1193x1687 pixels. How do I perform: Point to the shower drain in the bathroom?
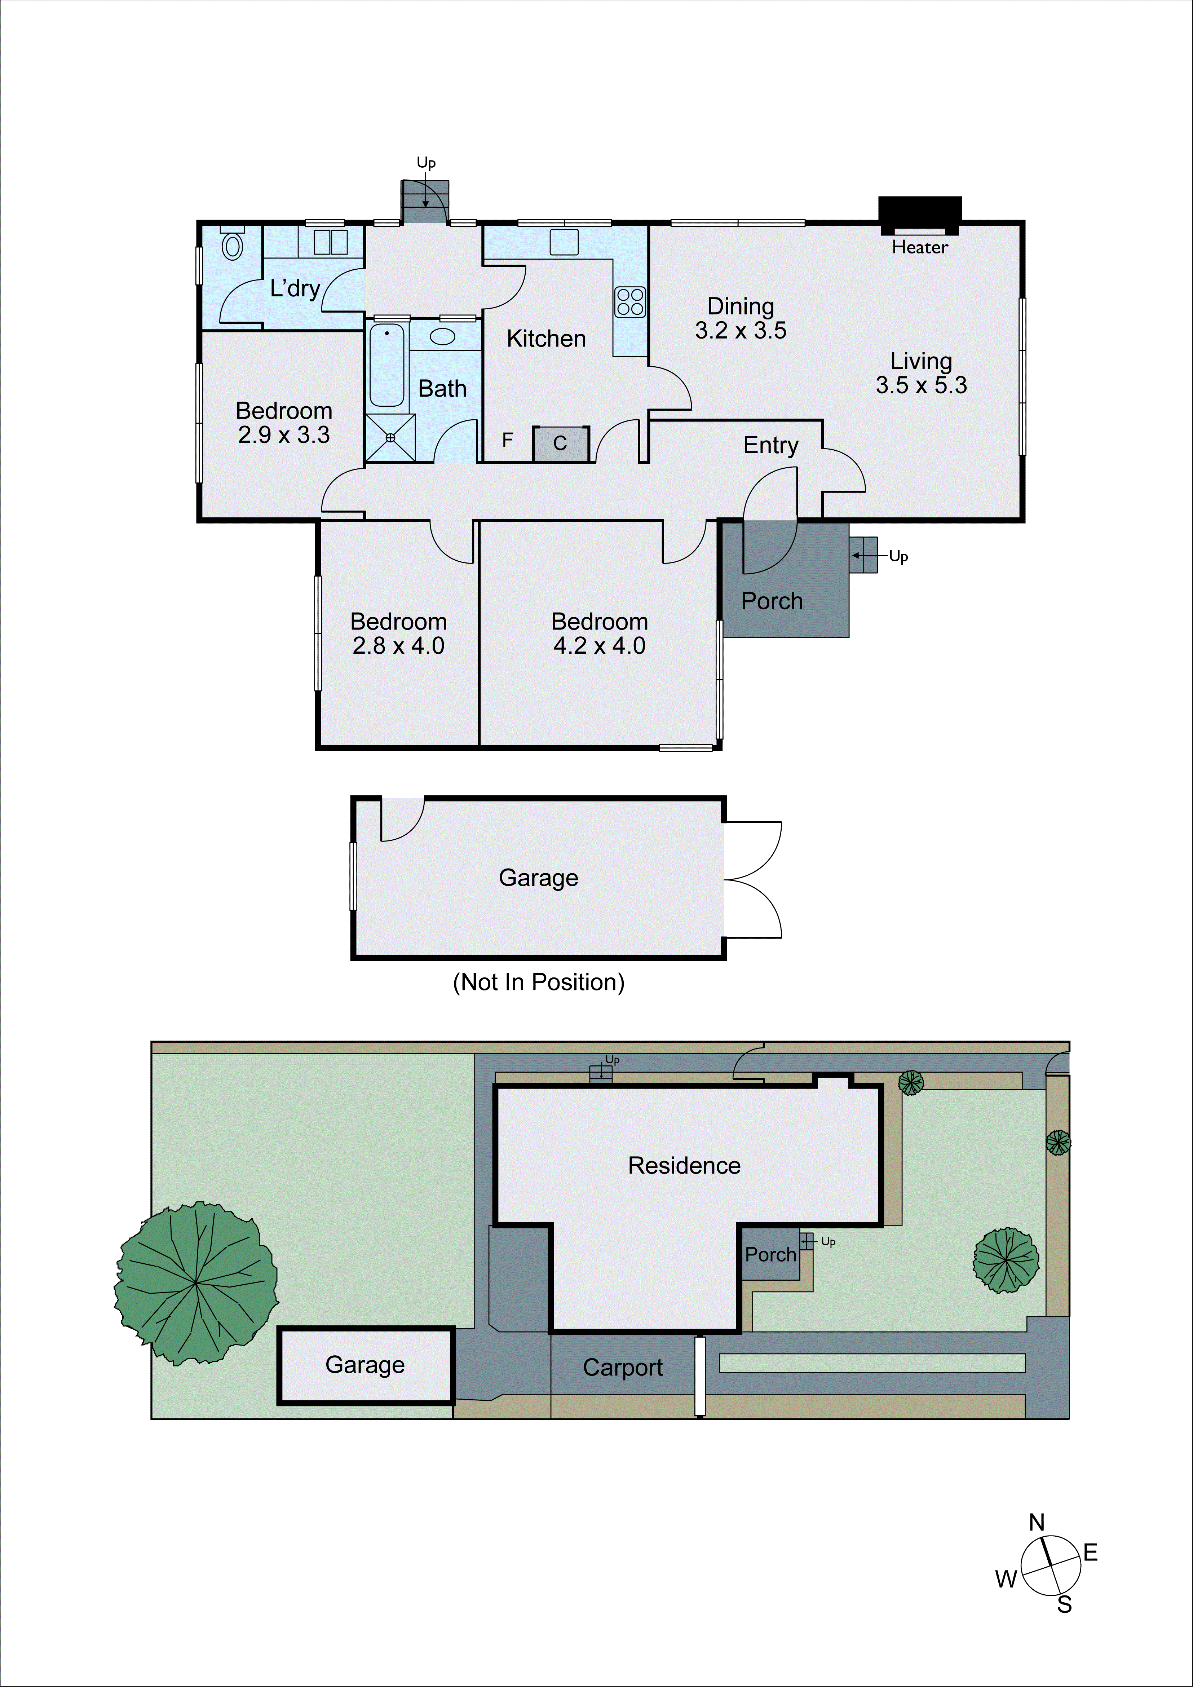pyautogui.click(x=390, y=438)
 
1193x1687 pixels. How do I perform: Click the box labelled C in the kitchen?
pyautogui.click(x=561, y=443)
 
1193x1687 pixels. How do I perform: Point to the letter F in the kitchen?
pyautogui.click(x=507, y=440)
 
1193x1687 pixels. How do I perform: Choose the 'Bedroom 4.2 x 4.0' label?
pyautogui.click(x=600, y=633)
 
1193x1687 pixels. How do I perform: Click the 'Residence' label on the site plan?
pyautogui.click(x=684, y=1165)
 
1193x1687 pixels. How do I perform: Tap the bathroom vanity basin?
pyautogui.click(x=442, y=336)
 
